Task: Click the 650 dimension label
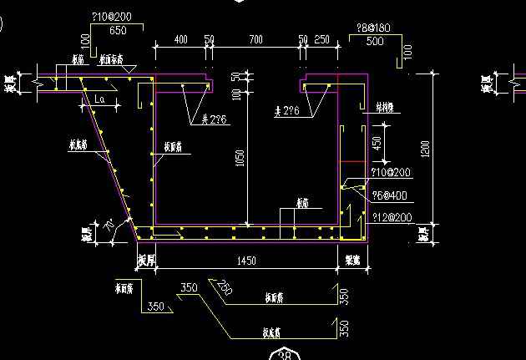pos(118,30)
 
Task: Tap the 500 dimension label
pos(376,40)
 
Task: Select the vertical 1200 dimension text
pos(426,150)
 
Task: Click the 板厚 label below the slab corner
pos(146,262)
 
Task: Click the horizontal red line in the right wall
pos(354,159)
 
